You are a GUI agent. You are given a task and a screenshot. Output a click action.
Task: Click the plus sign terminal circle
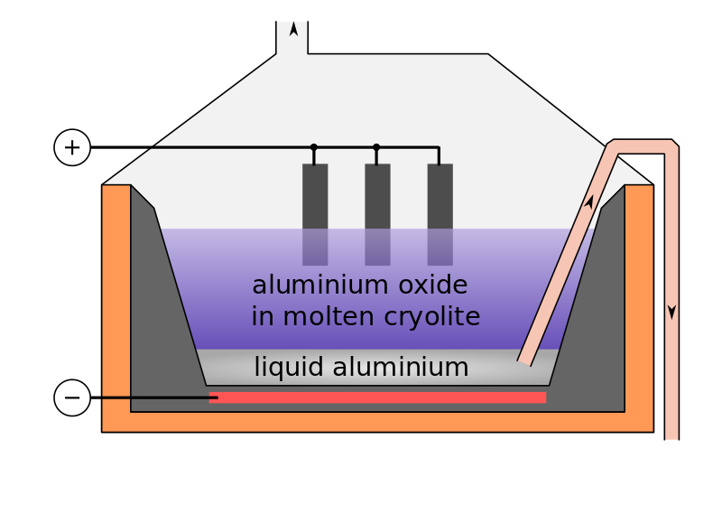pos(72,147)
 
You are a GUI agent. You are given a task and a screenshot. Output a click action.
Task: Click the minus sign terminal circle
pos(72,397)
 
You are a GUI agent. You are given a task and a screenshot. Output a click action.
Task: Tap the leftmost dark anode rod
pos(315,214)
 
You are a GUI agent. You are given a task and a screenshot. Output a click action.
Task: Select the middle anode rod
pos(377,214)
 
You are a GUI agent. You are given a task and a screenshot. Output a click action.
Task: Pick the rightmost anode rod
pos(440,214)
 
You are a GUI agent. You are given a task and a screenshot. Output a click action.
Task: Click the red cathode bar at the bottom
pos(377,397)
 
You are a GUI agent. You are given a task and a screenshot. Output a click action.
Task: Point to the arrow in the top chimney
pos(293,29)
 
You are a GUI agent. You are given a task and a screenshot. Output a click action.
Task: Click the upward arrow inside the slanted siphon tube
pos(588,203)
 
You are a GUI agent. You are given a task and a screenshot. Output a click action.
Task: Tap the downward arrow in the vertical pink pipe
pos(671,312)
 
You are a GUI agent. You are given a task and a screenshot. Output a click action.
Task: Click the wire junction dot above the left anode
pos(314,147)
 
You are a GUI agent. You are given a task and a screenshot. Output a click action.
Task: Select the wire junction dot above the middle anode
pos(376,147)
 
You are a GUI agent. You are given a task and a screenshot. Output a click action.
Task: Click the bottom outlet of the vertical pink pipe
pos(671,435)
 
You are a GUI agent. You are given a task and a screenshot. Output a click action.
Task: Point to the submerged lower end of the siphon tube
pos(525,359)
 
